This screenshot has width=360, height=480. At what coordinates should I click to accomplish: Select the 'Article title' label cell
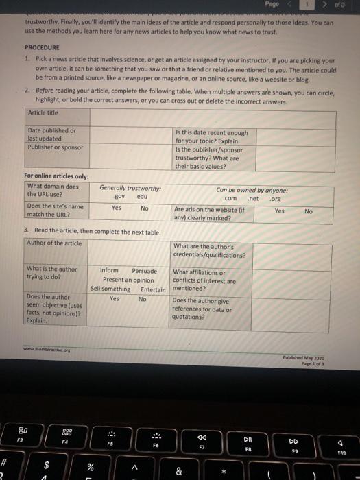43,112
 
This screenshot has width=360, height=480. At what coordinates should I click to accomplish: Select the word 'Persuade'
144,271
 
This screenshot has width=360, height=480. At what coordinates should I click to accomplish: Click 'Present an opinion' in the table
128,280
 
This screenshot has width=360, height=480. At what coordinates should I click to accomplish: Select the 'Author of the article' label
53,244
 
